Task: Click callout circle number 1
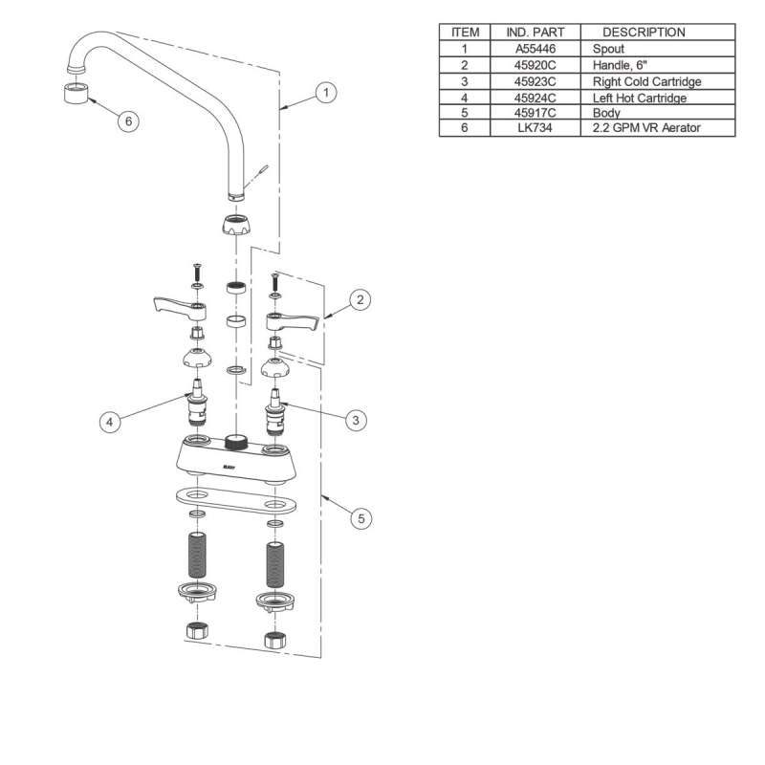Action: [326, 92]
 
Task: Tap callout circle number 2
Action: [361, 299]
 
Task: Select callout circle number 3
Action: [356, 420]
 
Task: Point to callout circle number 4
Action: [110, 422]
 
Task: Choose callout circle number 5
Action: [361, 518]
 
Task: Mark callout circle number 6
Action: [128, 120]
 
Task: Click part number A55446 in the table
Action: [535, 49]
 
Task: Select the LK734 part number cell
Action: [535, 128]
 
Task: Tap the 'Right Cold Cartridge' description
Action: [647, 81]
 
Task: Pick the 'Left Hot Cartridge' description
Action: [640, 98]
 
